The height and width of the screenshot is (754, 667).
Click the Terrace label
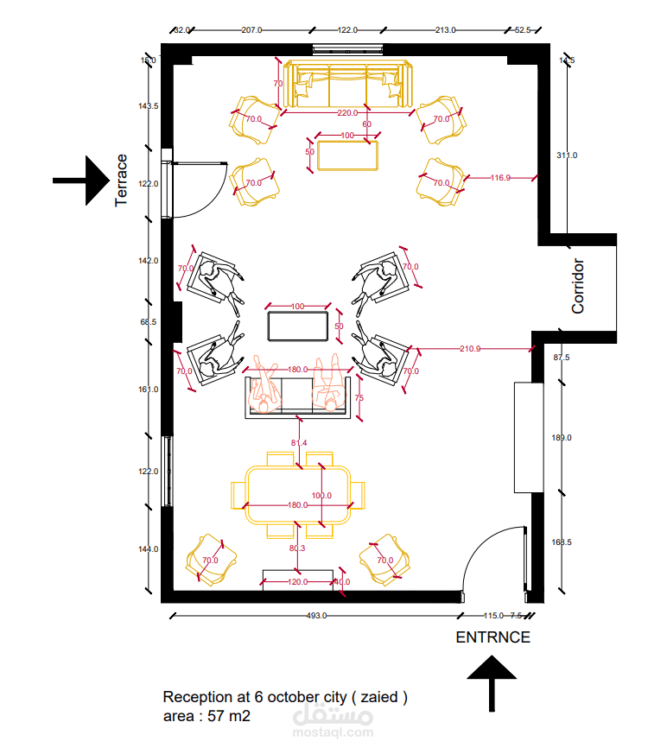click(x=122, y=181)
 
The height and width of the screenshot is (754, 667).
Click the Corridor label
click(x=578, y=286)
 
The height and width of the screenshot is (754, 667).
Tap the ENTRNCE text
click(x=492, y=637)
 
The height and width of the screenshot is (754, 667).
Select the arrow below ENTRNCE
click(x=492, y=683)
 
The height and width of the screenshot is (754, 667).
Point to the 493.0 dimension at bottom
click(x=316, y=616)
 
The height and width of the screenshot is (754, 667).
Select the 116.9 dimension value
click(x=500, y=178)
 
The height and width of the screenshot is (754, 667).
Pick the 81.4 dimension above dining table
click(x=299, y=443)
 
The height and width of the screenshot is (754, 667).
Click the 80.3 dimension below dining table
click(x=297, y=548)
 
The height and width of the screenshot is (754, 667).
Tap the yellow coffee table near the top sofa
click(x=347, y=155)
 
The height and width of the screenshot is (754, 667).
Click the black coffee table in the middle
click(x=298, y=327)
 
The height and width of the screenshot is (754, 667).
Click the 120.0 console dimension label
click(x=297, y=583)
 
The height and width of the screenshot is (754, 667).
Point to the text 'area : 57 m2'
click(x=206, y=716)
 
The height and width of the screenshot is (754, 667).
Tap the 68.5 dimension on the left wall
click(x=149, y=322)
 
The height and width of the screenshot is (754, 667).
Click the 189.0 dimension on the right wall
click(x=562, y=438)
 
